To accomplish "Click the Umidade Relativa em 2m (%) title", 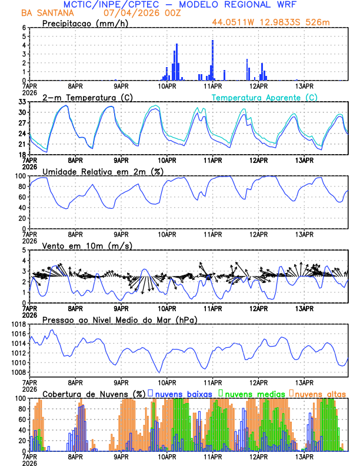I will pos(104,171).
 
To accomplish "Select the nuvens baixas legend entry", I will pos(182,394).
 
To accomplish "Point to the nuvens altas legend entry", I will pos(319,394).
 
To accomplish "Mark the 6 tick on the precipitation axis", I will pos(24,28).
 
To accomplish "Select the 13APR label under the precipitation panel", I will pos(304,85).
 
